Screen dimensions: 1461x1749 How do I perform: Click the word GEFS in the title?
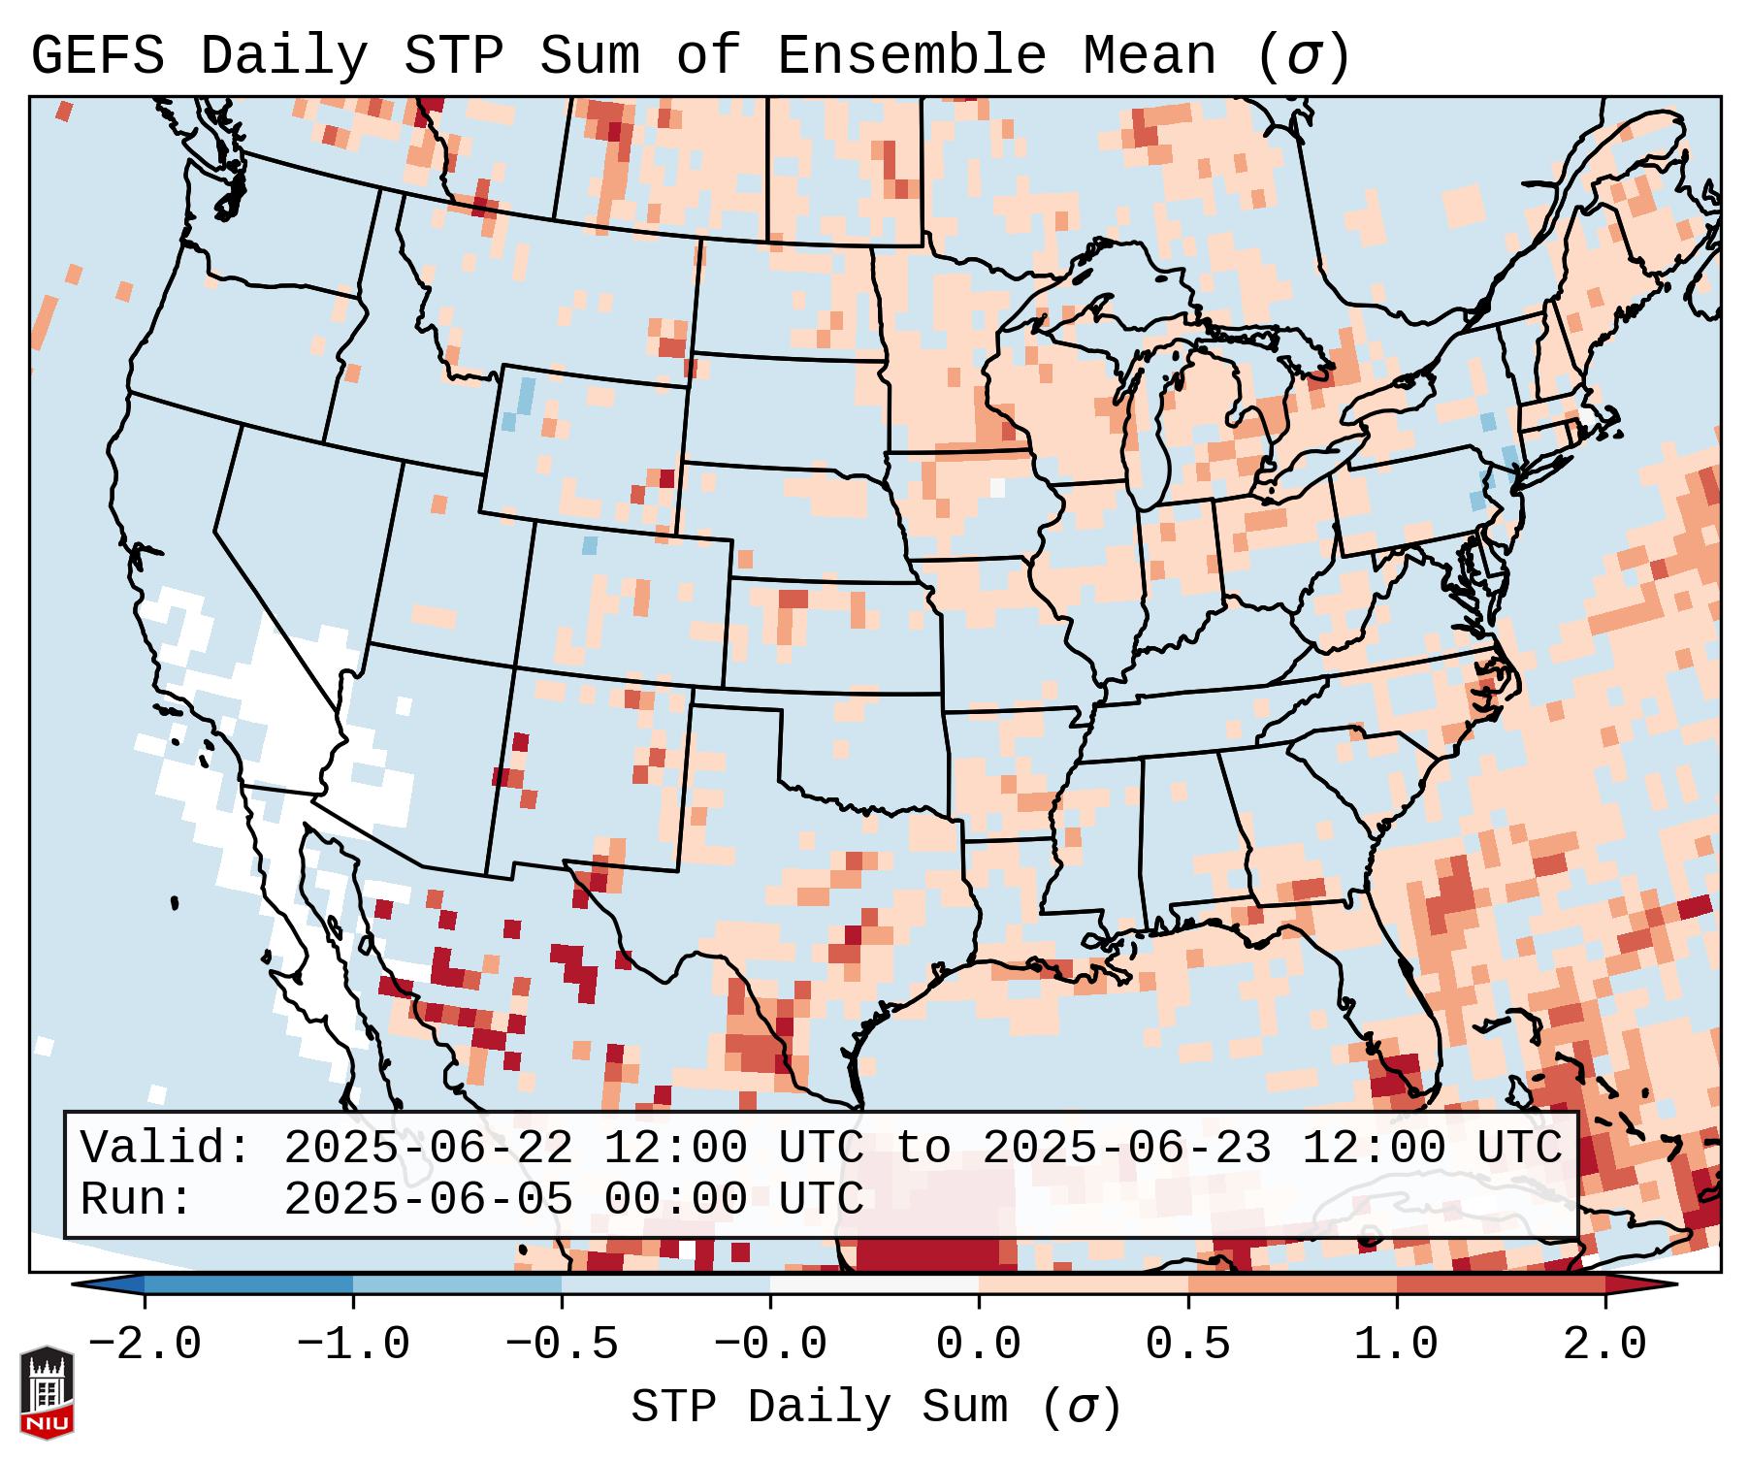97,56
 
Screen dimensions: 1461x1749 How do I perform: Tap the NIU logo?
47,1392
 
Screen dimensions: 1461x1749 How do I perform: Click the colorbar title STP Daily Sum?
834,1407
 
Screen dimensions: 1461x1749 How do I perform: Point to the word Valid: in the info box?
165,1149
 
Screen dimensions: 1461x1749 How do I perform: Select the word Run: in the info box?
136,1200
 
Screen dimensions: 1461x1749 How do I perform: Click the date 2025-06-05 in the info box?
428,1200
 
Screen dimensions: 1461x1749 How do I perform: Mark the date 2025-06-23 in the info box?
1126,1149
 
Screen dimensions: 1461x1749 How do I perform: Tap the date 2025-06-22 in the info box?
428,1149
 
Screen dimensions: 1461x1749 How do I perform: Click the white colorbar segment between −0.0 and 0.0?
874,1284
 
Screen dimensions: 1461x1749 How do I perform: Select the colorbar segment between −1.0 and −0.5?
457,1284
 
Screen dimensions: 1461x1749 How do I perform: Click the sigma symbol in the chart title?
1303,56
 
